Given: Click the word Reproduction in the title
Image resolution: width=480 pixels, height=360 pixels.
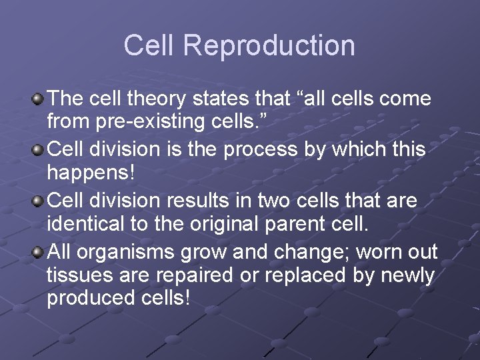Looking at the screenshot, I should pyautogui.click(x=269, y=46).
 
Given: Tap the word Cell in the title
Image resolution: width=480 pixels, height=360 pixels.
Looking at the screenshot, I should pyautogui.click(x=150, y=45).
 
